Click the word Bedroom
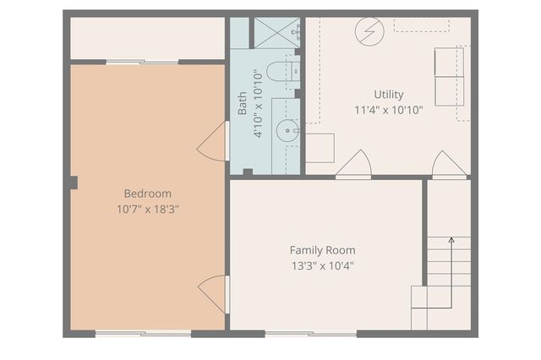pyautogui.click(x=147, y=193)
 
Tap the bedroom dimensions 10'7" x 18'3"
pyautogui.click(x=147, y=208)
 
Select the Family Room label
pyautogui.click(x=322, y=250)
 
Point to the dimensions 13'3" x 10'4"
pyautogui.click(x=322, y=265)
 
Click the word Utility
pyautogui.click(x=389, y=95)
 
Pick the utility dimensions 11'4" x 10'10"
pyautogui.click(x=389, y=110)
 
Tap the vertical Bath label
pyautogui.click(x=243, y=103)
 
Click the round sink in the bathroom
pyautogui.click(x=287, y=130)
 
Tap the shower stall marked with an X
pyautogui.click(x=276, y=33)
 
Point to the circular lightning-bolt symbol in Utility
pyautogui.click(x=369, y=32)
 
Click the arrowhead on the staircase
pyautogui.click(x=451, y=241)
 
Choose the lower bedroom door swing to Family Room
pyautogui.click(x=213, y=294)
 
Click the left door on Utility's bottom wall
pyautogui.click(x=353, y=166)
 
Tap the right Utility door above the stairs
pyautogui.click(x=449, y=166)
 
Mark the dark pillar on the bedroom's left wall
pyautogui.click(x=74, y=182)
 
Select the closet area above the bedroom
pyautogui.click(x=147, y=38)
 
